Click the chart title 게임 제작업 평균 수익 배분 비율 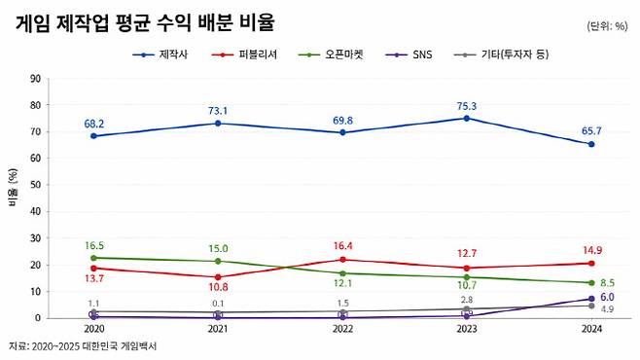click(x=144, y=22)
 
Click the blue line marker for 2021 click(x=218, y=124)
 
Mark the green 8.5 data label click(x=610, y=283)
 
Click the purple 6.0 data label click(x=607, y=298)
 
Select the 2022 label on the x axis click(x=342, y=331)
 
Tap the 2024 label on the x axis click(x=591, y=331)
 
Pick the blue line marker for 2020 click(x=93, y=136)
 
